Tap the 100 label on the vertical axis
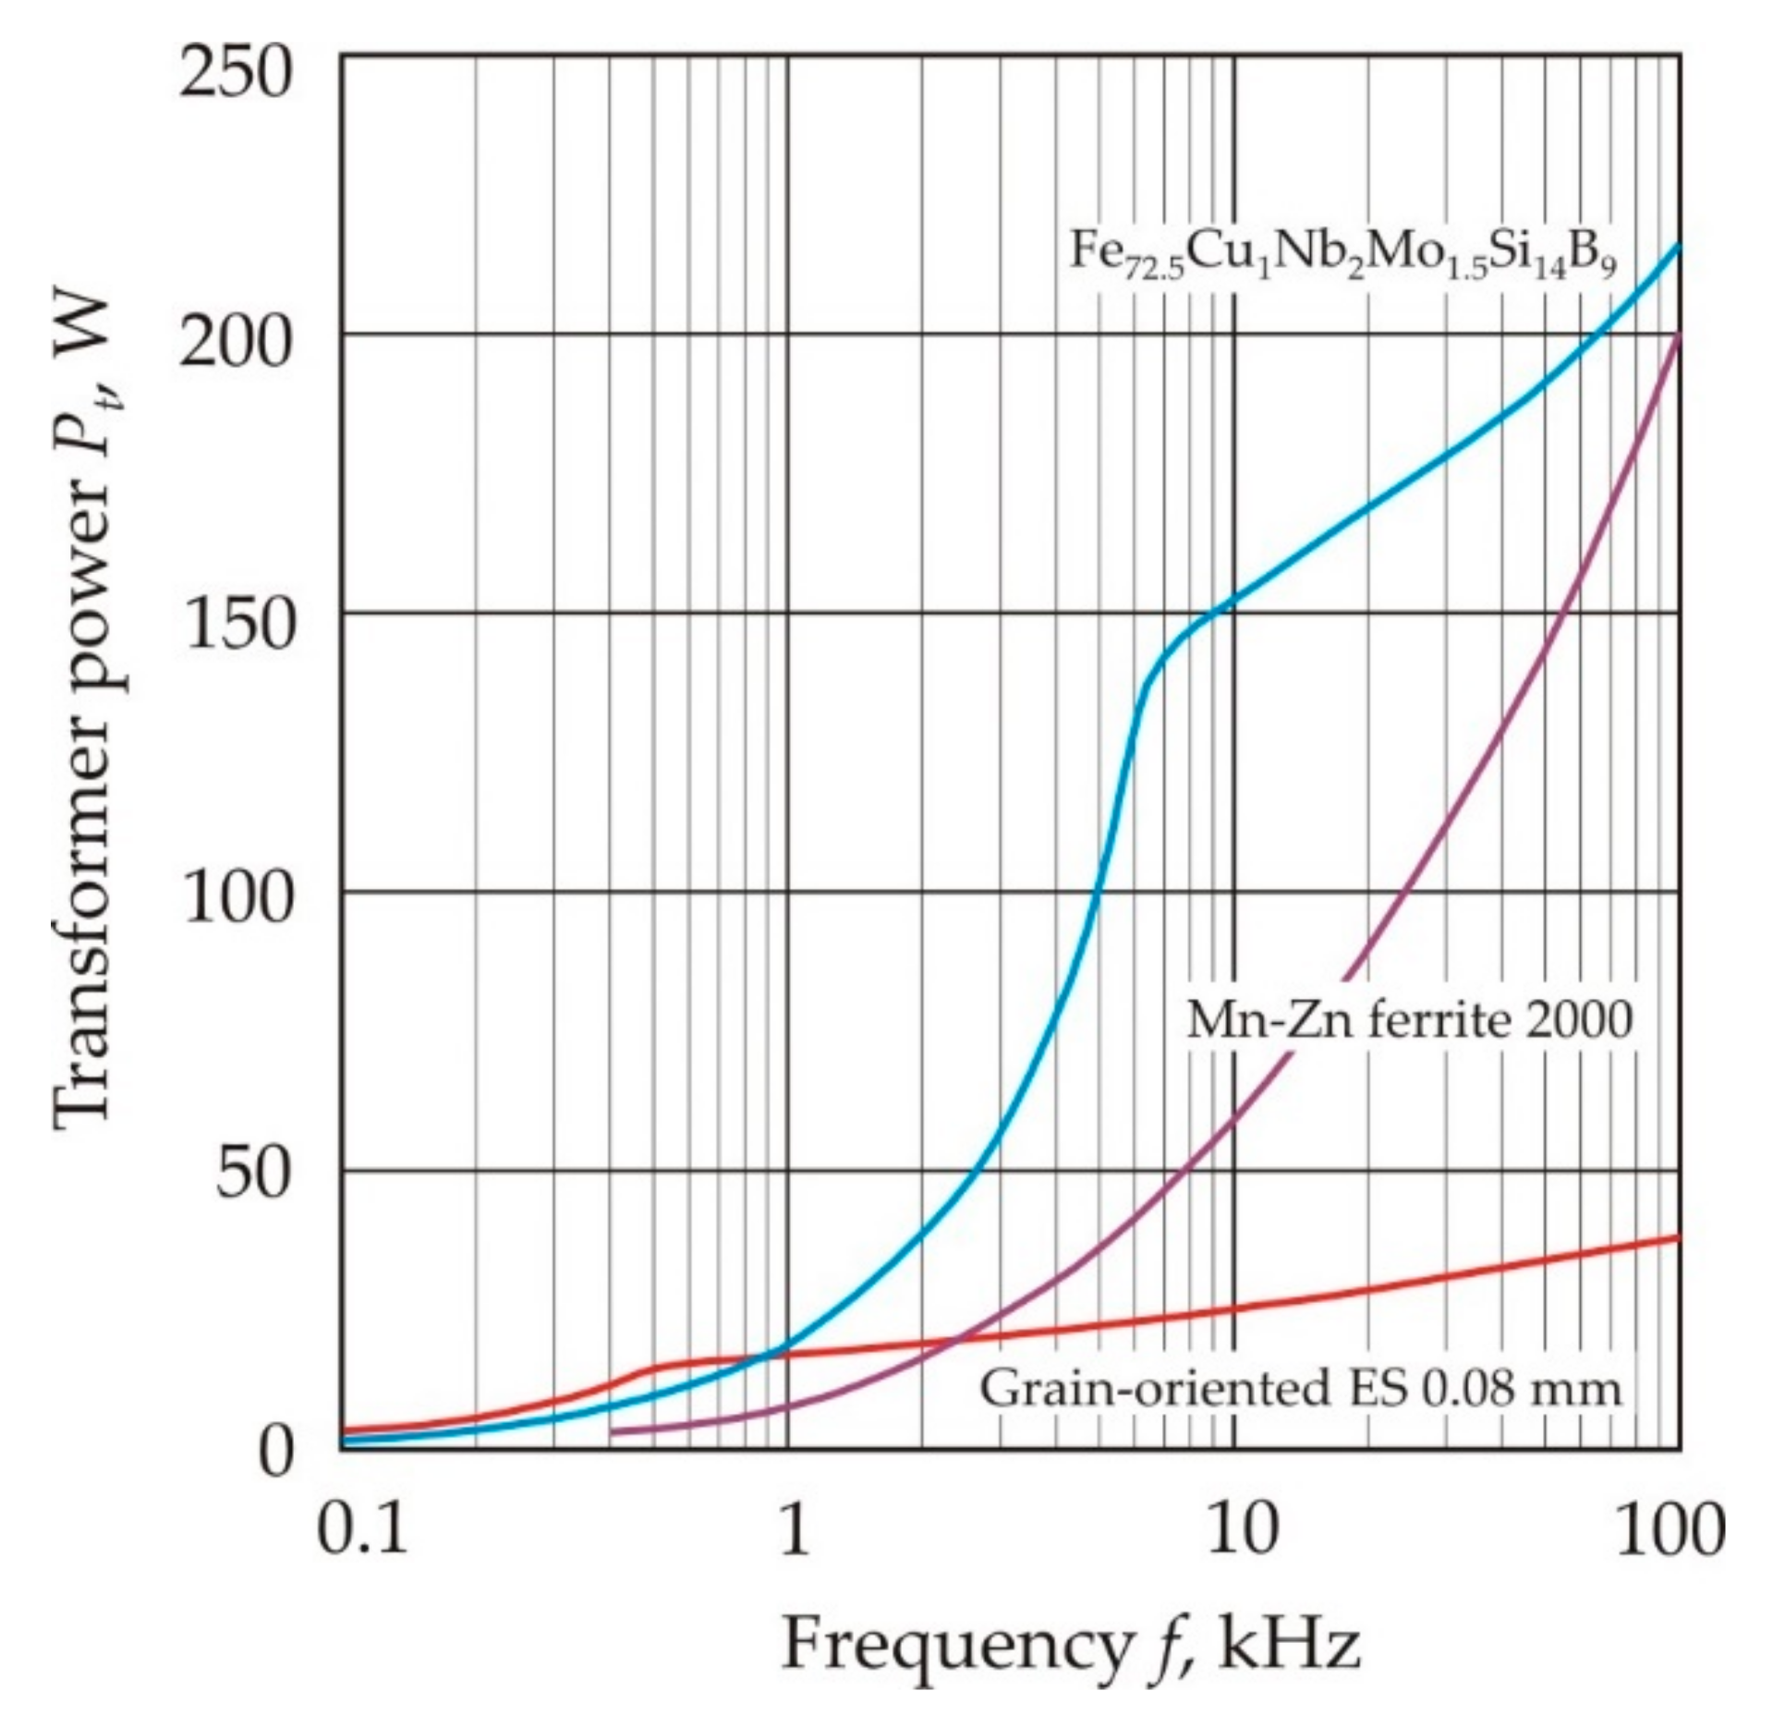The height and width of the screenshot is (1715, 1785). point(235,901)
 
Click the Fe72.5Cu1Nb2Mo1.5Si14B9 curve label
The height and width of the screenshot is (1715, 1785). point(1343,251)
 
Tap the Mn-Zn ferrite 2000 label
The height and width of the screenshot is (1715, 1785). point(1409,1021)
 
